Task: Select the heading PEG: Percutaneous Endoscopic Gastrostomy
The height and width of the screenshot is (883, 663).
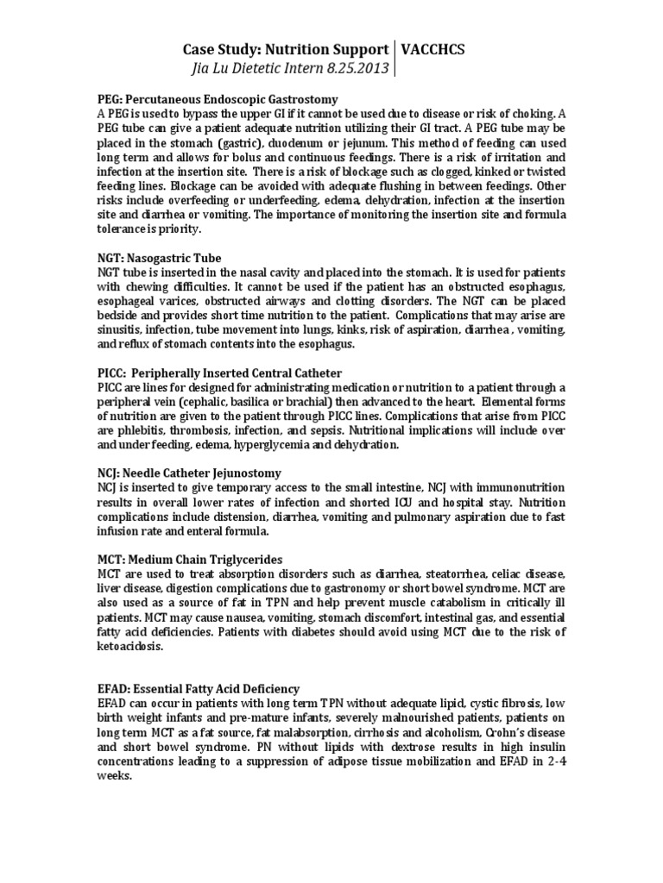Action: click(217, 99)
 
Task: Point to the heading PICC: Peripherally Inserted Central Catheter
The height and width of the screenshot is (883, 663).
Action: click(219, 373)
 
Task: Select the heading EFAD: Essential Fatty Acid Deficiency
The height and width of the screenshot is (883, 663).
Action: click(199, 688)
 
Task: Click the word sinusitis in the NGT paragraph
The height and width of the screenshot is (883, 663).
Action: click(120, 329)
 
